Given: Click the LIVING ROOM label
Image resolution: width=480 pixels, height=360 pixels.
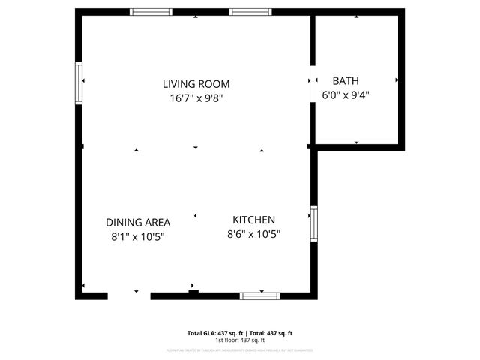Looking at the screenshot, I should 196,84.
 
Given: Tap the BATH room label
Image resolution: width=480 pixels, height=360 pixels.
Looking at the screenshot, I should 346,81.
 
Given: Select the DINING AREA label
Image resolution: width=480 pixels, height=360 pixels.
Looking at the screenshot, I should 138,223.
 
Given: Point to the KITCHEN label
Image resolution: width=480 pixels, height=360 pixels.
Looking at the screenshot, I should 253,220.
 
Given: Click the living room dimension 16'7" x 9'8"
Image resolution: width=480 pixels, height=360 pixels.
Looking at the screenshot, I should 196,97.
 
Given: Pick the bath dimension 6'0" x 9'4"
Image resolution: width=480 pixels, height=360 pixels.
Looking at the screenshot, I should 346,94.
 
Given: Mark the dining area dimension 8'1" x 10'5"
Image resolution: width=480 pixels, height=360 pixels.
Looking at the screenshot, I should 138,236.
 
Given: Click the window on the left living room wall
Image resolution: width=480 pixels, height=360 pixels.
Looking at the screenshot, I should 78,81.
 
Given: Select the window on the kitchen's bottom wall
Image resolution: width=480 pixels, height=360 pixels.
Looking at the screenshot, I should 261,295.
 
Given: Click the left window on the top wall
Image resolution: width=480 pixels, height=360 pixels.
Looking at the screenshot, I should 151,12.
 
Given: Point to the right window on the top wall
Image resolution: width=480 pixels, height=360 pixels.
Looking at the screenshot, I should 250,12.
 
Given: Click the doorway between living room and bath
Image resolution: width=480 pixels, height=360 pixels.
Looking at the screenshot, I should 312,81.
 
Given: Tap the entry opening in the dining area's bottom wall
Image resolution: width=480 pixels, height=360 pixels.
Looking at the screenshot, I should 128,295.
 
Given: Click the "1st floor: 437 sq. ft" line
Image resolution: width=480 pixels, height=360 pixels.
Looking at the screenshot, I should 240,340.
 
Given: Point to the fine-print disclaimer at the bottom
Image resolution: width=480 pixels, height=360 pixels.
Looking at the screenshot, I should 240,349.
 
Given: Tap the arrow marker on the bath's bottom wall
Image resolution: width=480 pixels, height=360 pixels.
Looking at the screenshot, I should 356,141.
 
